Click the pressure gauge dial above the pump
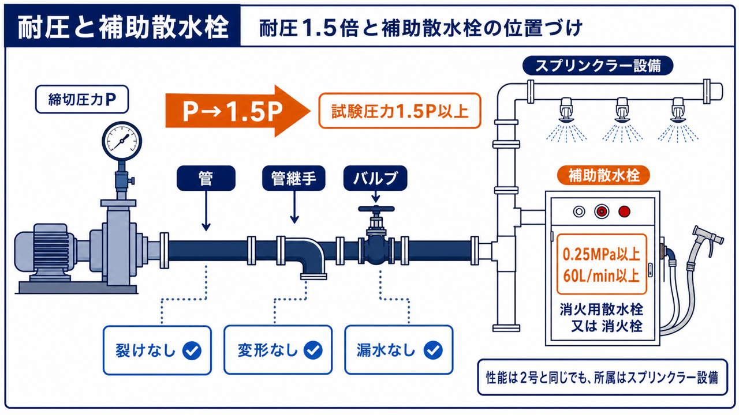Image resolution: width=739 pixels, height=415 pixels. [x=122, y=141]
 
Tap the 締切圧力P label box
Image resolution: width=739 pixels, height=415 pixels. [x=82, y=99]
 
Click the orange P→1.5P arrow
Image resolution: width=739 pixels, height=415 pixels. [x=237, y=111]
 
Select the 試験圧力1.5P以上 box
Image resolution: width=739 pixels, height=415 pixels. [x=400, y=111]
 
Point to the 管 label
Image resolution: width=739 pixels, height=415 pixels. [x=206, y=178]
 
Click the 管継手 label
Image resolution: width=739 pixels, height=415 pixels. [x=294, y=178]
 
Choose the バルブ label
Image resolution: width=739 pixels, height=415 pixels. [x=375, y=178]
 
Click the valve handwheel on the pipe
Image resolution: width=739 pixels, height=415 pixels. [x=376, y=209]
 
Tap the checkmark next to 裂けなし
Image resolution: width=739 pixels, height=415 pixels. [x=192, y=350]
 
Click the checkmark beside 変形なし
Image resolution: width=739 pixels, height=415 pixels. [x=313, y=350]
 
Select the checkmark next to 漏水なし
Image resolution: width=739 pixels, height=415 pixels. [x=433, y=350]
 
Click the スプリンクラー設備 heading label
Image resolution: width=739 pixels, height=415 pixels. [x=598, y=66]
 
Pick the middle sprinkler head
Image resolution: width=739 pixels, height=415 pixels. [x=622, y=110]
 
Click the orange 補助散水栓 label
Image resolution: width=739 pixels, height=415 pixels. [x=603, y=176]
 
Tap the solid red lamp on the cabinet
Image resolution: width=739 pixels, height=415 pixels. [x=624, y=212]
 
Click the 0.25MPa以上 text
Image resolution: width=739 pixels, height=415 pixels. [x=602, y=255]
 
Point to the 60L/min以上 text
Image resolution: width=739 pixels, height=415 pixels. [x=602, y=276]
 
